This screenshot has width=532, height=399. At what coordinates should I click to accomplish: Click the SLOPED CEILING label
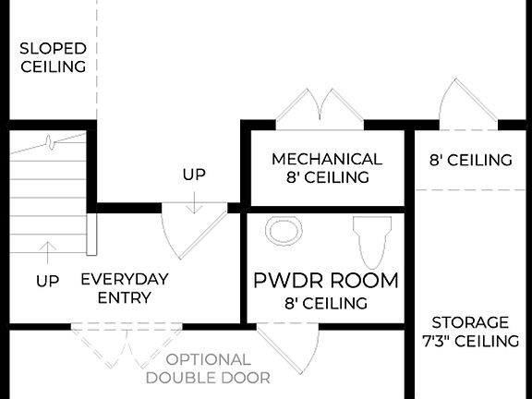click(x=53, y=56)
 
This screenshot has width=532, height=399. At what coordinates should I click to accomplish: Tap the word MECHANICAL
click(x=326, y=159)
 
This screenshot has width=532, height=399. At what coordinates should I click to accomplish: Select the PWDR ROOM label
click(x=326, y=280)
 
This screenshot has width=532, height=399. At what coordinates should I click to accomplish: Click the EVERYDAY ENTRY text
click(x=125, y=288)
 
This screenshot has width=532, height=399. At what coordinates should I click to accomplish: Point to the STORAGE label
click(x=470, y=322)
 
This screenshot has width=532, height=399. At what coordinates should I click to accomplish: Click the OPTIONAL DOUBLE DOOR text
click(x=208, y=368)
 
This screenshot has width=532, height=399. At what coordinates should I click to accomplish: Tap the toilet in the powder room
click(x=371, y=240)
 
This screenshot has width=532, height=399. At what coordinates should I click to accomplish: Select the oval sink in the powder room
click(x=284, y=230)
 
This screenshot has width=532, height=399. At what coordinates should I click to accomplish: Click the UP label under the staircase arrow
click(x=48, y=280)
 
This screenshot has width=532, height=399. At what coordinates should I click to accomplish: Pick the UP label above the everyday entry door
click(x=194, y=174)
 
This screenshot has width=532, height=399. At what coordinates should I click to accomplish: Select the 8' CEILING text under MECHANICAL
click(x=326, y=177)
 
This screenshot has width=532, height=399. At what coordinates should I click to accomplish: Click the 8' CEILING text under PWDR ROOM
click(x=326, y=302)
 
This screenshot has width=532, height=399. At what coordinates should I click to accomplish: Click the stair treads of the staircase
click(x=46, y=194)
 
